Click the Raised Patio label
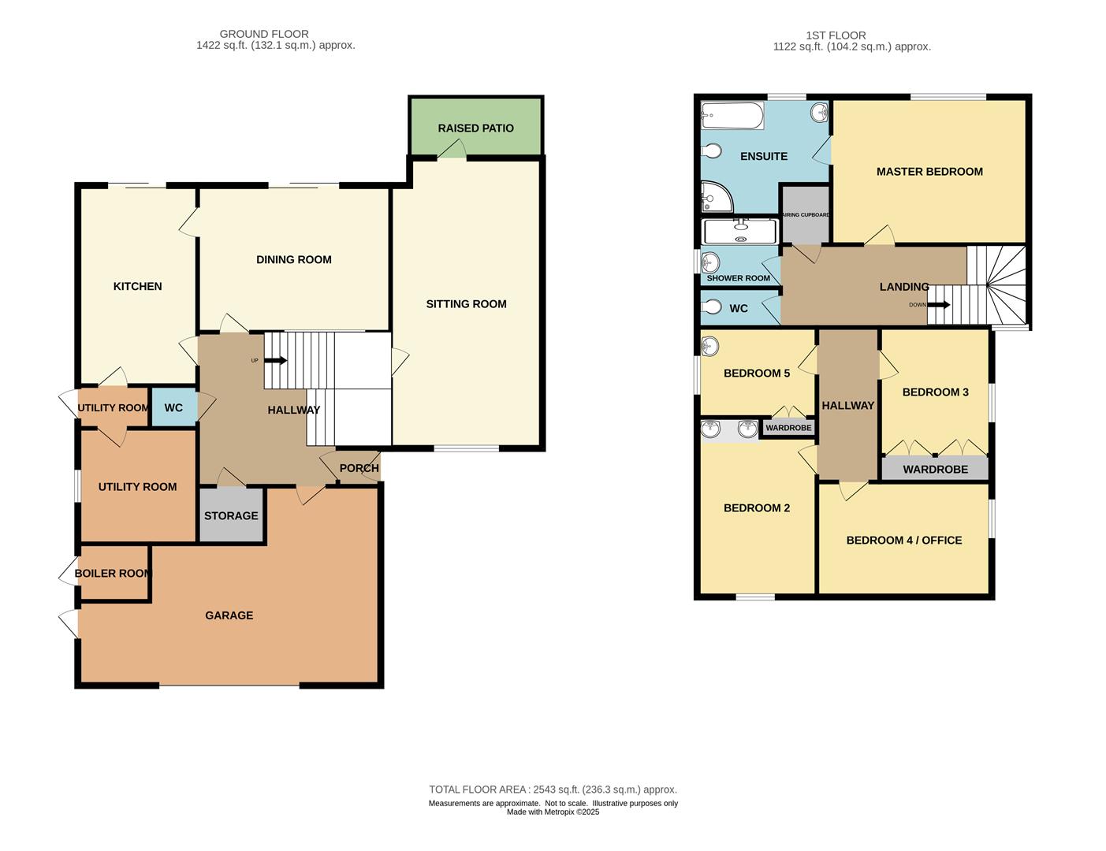(475, 128)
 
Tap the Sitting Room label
(466, 303)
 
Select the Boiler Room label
(113, 573)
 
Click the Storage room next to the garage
(231, 515)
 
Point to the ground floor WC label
(173, 407)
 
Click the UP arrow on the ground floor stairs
(275, 361)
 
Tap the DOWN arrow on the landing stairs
(938, 304)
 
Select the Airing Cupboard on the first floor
(805, 215)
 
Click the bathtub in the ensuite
(732, 117)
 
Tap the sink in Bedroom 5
(709, 345)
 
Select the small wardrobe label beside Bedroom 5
(788, 428)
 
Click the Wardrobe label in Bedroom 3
(935, 469)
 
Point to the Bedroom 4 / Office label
(903, 540)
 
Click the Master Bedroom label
(929, 171)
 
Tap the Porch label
(359, 468)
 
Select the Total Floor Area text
(553, 789)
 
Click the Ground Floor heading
(264, 34)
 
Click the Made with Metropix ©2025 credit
(553, 812)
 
